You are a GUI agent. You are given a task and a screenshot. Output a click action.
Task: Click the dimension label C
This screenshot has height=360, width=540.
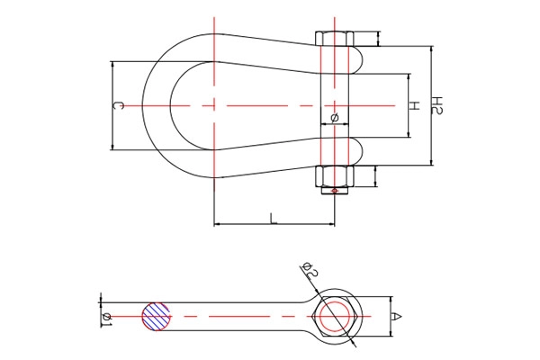(x=118, y=106)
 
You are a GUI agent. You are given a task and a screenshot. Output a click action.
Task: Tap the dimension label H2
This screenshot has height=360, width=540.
(x=437, y=105)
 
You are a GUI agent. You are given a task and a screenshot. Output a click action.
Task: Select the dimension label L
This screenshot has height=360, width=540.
(x=274, y=218)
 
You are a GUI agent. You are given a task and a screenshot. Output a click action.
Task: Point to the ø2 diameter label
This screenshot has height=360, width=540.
(x=310, y=270)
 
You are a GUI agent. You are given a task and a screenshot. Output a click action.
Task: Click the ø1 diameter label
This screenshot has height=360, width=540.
(x=107, y=319)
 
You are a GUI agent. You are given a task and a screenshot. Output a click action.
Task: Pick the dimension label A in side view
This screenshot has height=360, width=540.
(x=397, y=316)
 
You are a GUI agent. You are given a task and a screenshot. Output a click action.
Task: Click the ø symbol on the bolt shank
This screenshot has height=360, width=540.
(x=335, y=118)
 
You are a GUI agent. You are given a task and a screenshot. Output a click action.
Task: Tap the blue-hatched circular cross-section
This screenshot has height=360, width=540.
(x=157, y=317)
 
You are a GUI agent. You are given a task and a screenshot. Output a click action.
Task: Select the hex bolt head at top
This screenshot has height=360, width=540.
(x=335, y=38)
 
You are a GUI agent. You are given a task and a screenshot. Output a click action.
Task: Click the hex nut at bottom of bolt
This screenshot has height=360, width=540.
(x=335, y=175)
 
